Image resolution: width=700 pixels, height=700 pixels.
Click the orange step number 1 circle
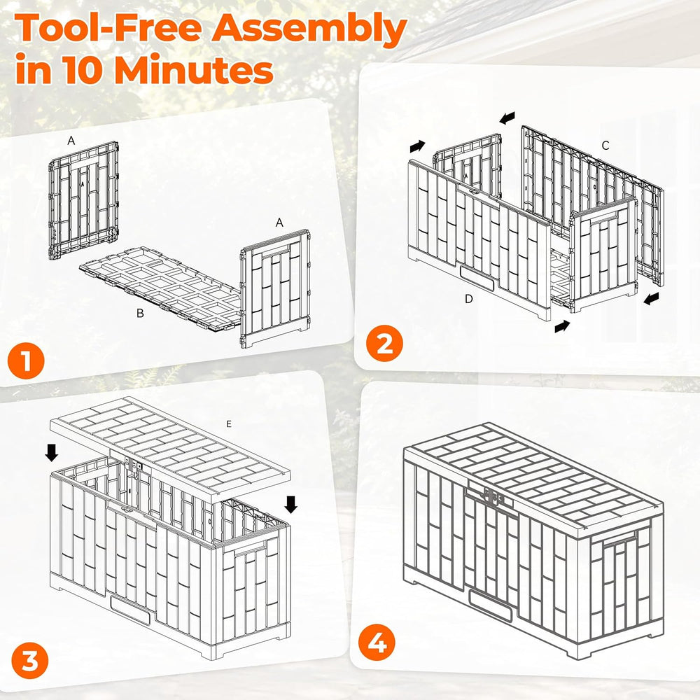tap(26, 360)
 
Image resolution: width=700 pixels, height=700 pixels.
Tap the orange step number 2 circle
tap(384, 343)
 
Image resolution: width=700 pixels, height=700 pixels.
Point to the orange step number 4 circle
tap(377, 643)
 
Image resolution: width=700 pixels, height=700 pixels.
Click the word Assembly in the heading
tap(309, 29)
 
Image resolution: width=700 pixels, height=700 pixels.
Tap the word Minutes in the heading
tap(194, 69)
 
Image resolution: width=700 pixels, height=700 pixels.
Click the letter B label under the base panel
tap(140, 314)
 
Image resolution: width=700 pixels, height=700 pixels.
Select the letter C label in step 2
tap(605, 146)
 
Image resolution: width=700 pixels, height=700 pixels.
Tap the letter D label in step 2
tap(468, 299)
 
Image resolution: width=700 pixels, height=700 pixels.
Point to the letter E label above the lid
tap(229, 423)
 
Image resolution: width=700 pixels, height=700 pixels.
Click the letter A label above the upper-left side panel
tap(71, 141)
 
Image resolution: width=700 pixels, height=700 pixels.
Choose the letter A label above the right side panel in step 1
tap(279, 223)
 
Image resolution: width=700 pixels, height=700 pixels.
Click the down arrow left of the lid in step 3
tap(51, 452)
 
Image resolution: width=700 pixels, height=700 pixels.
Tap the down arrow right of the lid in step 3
tap(291, 505)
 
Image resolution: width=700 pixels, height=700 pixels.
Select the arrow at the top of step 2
tap(507, 118)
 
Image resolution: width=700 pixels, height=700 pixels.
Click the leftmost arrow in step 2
tap(417, 146)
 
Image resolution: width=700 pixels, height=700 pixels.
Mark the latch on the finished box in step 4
tap(492, 496)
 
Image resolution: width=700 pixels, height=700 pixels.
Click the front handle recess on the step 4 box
tap(490, 605)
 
